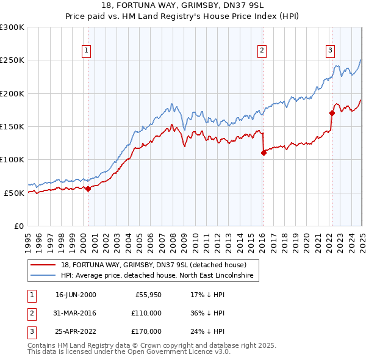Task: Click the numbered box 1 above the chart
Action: (x=87, y=51)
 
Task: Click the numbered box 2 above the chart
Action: (x=262, y=51)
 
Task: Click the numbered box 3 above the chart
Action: (x=329, y=51)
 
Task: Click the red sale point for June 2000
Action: (x=88, y=189)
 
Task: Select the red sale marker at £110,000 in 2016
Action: (x=264, y=153)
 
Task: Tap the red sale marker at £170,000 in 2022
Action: (x=332, y=113)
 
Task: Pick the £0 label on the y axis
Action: (x=18, y=226)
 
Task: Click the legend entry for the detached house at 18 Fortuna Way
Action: (x=153, y=265)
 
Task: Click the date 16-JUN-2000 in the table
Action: (x=76, y=295)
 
